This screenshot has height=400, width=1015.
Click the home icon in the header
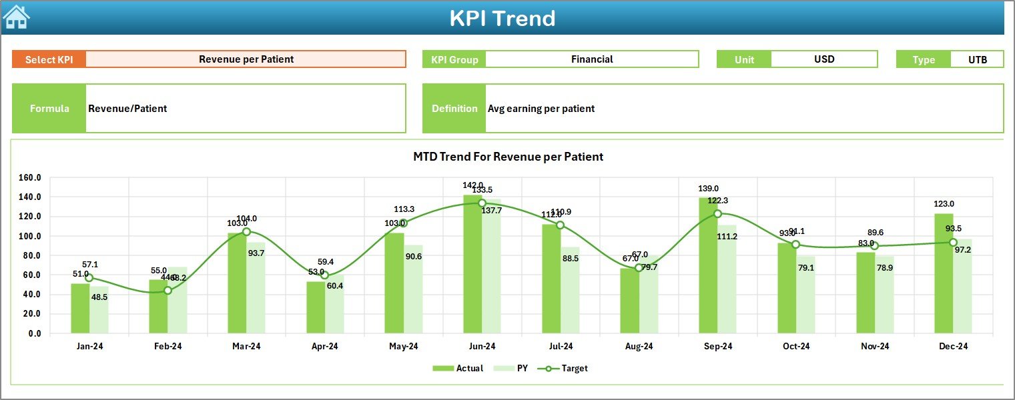point(16,17)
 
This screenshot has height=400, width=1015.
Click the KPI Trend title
point(502,18)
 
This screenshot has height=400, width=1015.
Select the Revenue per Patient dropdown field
point(246,59)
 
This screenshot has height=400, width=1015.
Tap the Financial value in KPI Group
point(591,59)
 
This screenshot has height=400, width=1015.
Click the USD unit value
point(823,59)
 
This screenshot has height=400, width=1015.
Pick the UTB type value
point(977,59)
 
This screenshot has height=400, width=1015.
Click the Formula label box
point(49,109)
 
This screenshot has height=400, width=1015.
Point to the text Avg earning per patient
point(541,109)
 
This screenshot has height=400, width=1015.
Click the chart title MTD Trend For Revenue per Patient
point(508,157)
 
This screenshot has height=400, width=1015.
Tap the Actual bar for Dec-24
point(944,273)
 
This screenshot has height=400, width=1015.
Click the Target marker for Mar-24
point(246,231)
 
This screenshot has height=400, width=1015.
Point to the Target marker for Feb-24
point(167,290)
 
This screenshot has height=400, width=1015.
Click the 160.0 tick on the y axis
point(29,178)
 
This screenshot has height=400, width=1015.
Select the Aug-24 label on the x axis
point(639,347)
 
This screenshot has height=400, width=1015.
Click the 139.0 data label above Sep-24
point(708,189)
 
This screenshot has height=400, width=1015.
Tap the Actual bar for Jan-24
point(80,308)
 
